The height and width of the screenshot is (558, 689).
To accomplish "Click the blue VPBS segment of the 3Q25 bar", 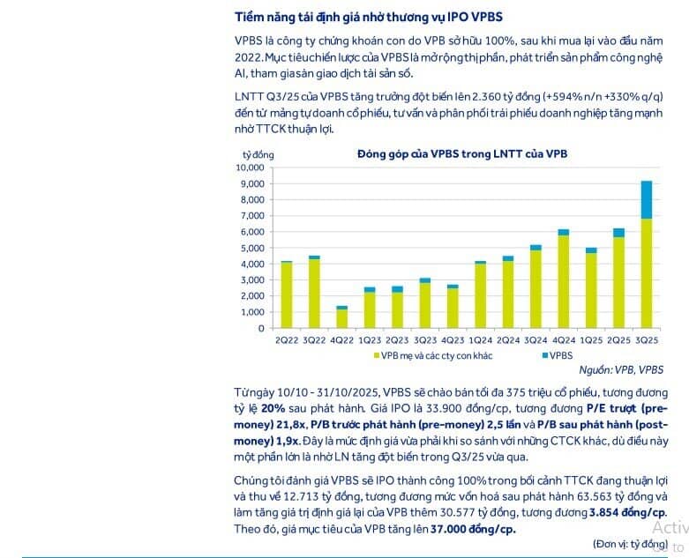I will click(646, 199).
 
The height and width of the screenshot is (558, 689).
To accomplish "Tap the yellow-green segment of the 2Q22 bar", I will click(286, 294).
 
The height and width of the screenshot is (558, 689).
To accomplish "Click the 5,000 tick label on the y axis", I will click(251, 248).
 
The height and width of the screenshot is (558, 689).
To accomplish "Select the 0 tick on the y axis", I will click(261, 328).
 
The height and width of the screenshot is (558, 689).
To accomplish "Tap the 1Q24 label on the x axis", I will click(480, 339).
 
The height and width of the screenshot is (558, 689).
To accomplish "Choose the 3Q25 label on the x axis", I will click(646, 339).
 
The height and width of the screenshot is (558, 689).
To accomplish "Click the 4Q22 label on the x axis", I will click(341, 339).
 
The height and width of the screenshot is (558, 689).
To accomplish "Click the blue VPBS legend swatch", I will click(539, 355).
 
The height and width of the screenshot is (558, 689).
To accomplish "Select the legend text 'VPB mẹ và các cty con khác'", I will click(432, 355).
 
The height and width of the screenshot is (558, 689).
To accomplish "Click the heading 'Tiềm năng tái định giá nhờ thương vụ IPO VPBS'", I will click(371, 18).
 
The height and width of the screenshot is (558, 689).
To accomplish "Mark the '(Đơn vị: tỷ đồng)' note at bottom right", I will click(629, 544).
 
